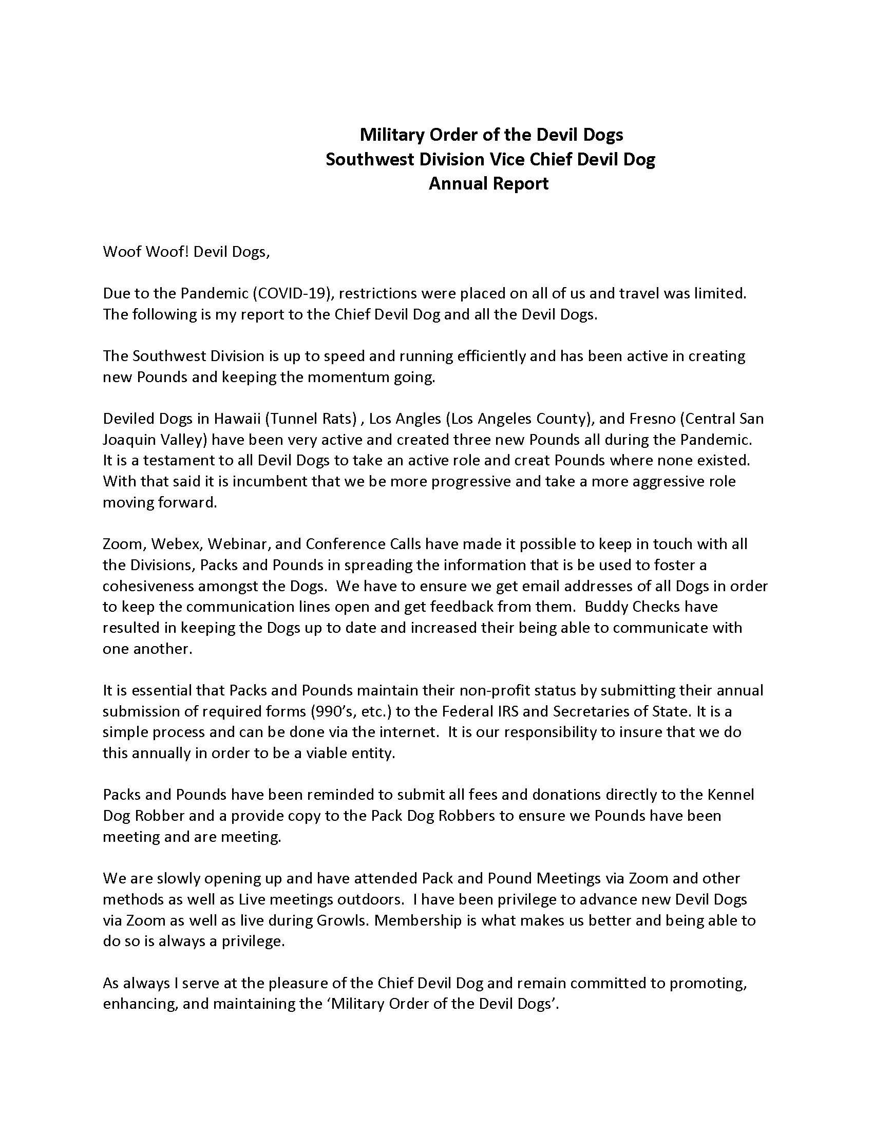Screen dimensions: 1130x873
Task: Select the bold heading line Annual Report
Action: click(488, 183)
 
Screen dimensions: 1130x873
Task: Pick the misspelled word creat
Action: click(593, 460)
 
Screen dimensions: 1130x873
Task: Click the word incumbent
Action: click(269, 481)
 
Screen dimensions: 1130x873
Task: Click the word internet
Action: click(410, 732)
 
